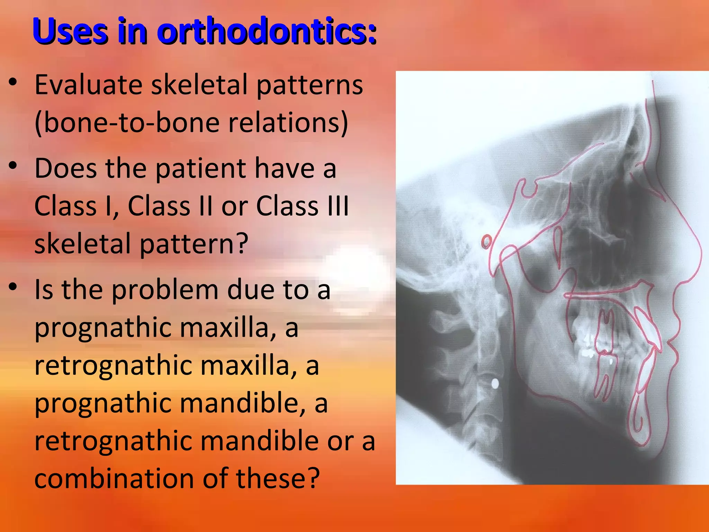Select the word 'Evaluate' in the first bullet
[x=89, y=85]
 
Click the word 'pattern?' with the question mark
[x=194, y=243]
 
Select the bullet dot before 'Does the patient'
[x=13, y=166]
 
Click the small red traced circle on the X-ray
[x=486, y=241]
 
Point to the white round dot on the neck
[x=495, y=383]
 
